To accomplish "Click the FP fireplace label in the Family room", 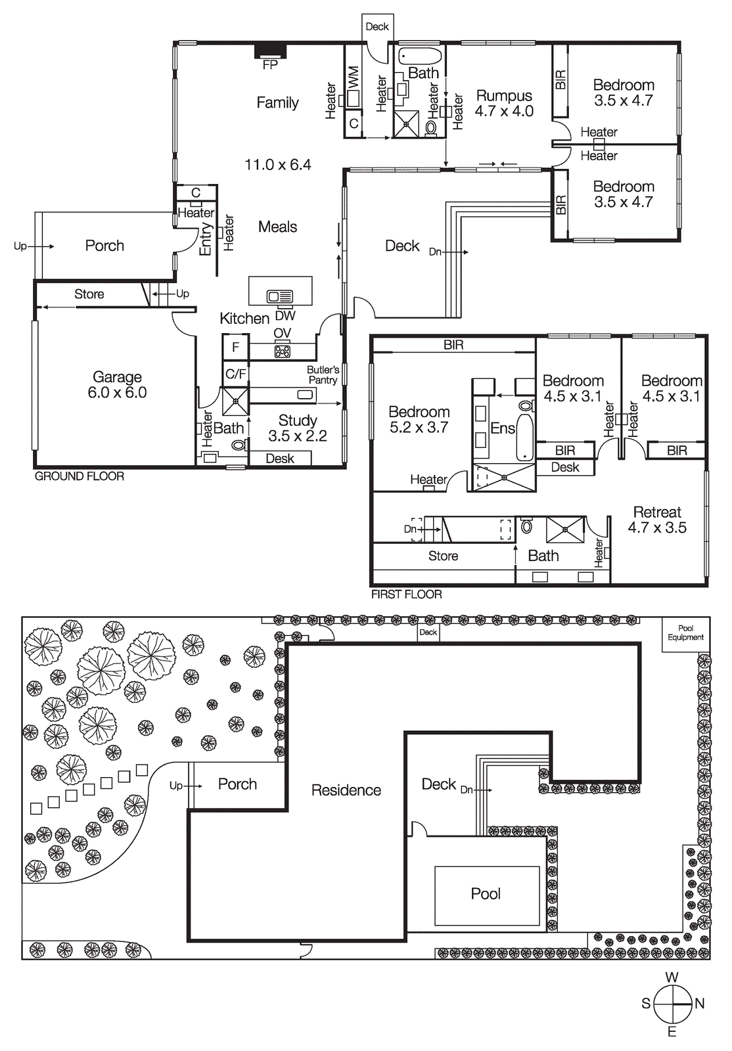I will click(x=270, y=65).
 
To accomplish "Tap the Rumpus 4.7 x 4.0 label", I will click(x=504, y=104).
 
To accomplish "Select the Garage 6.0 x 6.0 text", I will click(x=117, y=385).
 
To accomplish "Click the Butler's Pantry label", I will click(x=323, y=375).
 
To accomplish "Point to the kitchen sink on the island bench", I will click(x=280, y=297).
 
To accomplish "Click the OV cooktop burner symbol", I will click(x=283, y=351).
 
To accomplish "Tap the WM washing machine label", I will click(x=354, y=78).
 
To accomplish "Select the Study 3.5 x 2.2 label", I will click(x=298, y=428).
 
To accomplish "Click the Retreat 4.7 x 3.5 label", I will click(x=657, y=520).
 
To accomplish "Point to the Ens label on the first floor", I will click(x=502, y=428).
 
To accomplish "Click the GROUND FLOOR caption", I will click(x=80, y=476).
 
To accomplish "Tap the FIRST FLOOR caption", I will click(x=407, y=594).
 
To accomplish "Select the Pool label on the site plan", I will click(x=486, y=894).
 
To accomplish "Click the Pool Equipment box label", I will click(x=685, y=633).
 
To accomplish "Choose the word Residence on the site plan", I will click(x=346, y=790).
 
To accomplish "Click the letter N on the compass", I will click(x=700, y=1004).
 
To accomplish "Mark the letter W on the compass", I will click(x=672, y=977).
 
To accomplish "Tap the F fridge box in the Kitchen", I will click(x=235, y=347).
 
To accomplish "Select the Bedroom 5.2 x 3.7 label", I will click(x=419, y=420).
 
